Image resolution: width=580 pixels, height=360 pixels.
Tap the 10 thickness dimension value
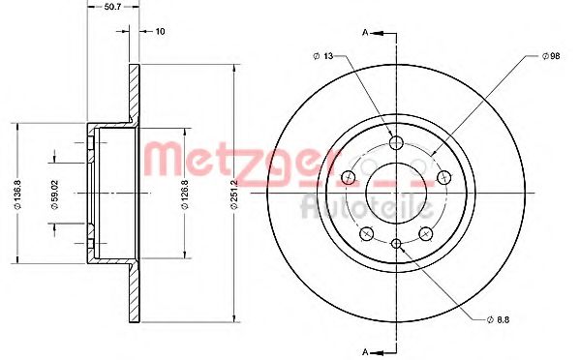click(x=159, y=32)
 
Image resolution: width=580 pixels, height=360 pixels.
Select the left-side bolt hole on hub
click(x=348, y=177)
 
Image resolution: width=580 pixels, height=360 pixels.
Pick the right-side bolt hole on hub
click(x=444, y=177)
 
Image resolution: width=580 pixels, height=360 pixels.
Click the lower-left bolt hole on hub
click(x=366, y=233)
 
